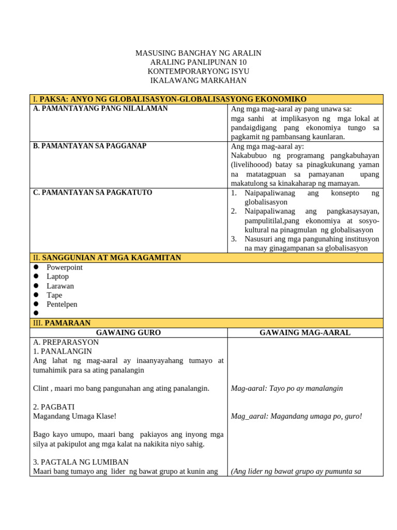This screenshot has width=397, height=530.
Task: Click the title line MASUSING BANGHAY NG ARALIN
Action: (x=198, y=53)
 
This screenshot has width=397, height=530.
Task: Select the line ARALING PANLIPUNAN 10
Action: (x=198, y=62)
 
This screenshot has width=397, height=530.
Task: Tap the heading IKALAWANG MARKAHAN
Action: (x=198, y=80)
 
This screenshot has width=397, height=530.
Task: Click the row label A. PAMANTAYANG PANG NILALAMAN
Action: (x=100, y=109)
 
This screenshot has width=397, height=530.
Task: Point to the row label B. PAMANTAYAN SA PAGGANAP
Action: (x=89, y=146)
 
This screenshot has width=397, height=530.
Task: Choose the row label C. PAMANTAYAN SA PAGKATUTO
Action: (x=93, y=193)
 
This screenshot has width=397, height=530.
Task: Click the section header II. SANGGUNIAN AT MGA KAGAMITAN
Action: (x=107, y=258)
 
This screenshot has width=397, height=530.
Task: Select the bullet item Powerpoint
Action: (x=64, y=268)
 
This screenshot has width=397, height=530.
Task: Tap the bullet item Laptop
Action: (x=57, y=277)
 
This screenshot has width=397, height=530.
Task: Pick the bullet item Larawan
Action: (x=60, y=286)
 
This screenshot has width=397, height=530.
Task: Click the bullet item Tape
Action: (x=54, y=296)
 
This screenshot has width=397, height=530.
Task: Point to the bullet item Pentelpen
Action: (x=62, y=305)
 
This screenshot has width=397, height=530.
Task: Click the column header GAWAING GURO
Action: (x=128, y=333)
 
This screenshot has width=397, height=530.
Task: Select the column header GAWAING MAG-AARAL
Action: (x=305, y=333)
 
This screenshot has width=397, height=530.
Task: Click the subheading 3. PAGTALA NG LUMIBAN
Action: (x=81, y=462)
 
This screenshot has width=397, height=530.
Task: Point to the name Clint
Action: (x=41, y=388)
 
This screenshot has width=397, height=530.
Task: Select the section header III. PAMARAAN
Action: (x=62, y=323)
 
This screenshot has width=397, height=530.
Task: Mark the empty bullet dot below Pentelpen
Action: (x=36, y=313)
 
